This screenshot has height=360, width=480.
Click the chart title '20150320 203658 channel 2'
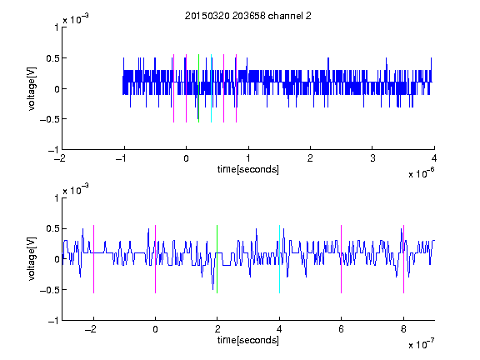point(248,16)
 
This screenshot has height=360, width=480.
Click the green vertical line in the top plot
point(198,88)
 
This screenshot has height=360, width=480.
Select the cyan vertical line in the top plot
point(211,88)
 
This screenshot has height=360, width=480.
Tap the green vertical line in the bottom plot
point(217,259)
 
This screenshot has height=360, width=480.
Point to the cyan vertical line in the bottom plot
point(279,259)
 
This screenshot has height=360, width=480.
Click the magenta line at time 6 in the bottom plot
point(342,259)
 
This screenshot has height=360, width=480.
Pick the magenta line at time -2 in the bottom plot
point(93,259)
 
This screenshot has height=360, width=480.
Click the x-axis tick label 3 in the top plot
point(372,158)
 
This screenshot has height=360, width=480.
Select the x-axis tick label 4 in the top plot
point(434,158)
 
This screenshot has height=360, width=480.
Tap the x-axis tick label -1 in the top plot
point(122,158)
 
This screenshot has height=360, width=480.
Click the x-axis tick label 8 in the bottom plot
point(403,329)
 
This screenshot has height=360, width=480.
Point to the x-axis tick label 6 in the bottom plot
point(342,329)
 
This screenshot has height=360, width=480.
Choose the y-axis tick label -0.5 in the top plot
point(49,119)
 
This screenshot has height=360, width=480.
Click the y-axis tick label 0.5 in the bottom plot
point(52,228)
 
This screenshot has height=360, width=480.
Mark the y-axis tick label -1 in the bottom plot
point(53,321)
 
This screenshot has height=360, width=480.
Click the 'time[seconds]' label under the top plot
point(248,169)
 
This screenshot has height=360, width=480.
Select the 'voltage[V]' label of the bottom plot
point(32,259)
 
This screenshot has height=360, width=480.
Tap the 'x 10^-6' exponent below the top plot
point(421,173)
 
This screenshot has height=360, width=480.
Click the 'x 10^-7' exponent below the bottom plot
point(421,344)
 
